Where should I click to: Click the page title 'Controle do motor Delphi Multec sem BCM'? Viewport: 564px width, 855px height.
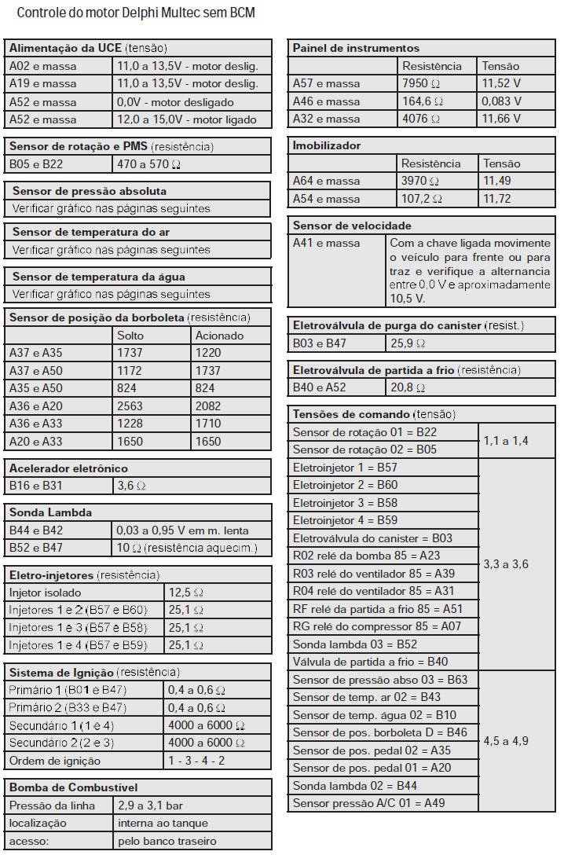[135, 13]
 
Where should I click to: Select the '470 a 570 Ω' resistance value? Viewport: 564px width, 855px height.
[148, 164]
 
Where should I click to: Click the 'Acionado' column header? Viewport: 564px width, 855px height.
[219, 336]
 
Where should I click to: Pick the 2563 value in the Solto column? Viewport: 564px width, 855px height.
[130, 406]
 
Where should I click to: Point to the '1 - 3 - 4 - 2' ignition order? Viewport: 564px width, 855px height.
[196, 761]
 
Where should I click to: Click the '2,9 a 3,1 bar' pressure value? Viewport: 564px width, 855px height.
[150, 805]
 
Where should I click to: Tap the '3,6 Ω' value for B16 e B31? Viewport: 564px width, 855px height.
[132, 486]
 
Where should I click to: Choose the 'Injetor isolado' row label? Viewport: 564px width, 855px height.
[45, 593]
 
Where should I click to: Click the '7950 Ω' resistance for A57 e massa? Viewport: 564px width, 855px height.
[422, 83]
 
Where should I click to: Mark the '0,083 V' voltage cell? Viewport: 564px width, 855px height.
[502, 101]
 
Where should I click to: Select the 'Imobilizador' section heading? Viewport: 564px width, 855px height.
[327, 145]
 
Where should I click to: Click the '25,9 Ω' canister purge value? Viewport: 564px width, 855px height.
[408, 343]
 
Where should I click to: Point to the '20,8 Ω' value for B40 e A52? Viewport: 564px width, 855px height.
[408, 387]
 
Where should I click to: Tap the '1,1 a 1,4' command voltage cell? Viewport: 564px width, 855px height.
[506, 441]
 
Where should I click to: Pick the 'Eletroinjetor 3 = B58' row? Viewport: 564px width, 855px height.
[345, 503]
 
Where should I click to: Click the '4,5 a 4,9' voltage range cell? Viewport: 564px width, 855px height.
[506, 741]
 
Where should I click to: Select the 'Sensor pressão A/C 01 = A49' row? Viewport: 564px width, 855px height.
[368, 803]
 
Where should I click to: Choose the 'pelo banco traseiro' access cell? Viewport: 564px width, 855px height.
[167, 841]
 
